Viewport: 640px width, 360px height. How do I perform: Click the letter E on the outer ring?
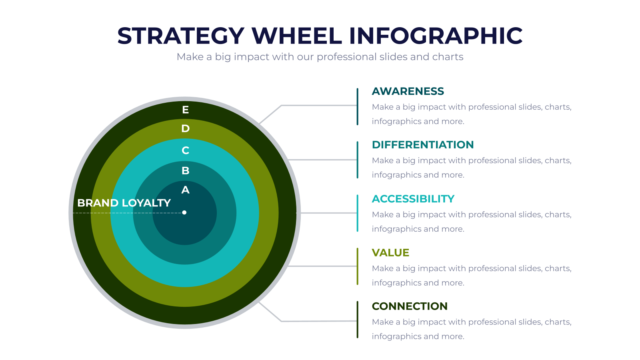pos(186,110)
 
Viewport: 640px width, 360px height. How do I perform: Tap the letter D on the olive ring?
pos(186,128)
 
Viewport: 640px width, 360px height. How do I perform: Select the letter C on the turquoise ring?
pos(186,150)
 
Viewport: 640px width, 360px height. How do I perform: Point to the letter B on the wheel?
pos(186,170)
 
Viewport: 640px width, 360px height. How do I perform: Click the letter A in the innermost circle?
pos(186,190)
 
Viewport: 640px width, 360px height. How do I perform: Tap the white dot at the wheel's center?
pos(184,212)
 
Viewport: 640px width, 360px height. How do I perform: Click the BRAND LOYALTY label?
pos(124,203)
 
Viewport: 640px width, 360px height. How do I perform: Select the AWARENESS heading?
pos(408,91)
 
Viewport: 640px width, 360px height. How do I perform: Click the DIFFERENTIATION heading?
pos(423,144)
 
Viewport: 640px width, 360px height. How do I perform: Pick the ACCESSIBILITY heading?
pos(413,199)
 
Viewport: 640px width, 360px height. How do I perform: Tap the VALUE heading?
pos(390,252)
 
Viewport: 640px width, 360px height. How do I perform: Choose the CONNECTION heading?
pos(410,306)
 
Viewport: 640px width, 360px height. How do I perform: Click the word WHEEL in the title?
pos(296,36)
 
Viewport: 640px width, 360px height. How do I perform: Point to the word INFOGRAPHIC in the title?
pos(436,36)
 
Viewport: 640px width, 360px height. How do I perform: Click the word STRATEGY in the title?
pos(181,36)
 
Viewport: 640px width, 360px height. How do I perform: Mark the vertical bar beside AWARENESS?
pos(358,107)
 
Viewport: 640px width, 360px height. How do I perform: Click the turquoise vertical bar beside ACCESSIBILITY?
pos(358,213)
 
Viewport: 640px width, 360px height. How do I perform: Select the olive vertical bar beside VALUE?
pos(358,266)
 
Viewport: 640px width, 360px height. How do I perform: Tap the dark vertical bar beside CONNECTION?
pos(358,320)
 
